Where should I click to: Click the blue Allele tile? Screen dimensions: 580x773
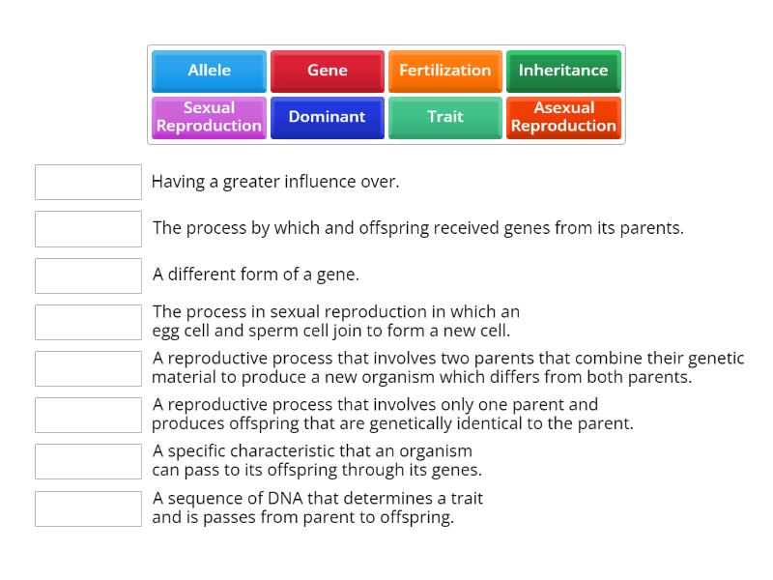click(209, 71)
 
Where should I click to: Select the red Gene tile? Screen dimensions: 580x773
click(327, 71)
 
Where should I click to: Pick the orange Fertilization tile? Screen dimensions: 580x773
click(444, 71)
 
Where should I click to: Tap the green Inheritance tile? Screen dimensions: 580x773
click(562, 71)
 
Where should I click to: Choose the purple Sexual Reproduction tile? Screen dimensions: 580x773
click(209, 117)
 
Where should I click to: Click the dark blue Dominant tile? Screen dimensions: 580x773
click(327, 117)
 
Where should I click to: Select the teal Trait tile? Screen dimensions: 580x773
click(444, 117)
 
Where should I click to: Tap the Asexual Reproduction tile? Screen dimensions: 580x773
click(562, 117)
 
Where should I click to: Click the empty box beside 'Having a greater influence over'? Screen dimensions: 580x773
click(88, 182)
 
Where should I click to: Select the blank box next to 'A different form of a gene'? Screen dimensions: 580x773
click(88, 275)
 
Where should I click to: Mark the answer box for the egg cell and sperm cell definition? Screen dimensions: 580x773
click(88, 322)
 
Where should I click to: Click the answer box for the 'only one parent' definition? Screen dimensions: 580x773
click(88, 415)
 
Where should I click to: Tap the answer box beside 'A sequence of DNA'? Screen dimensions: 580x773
click(88, 508)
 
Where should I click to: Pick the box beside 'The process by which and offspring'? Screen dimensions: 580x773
click(88, 229)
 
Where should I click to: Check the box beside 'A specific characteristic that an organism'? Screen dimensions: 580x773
click(88, 461)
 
